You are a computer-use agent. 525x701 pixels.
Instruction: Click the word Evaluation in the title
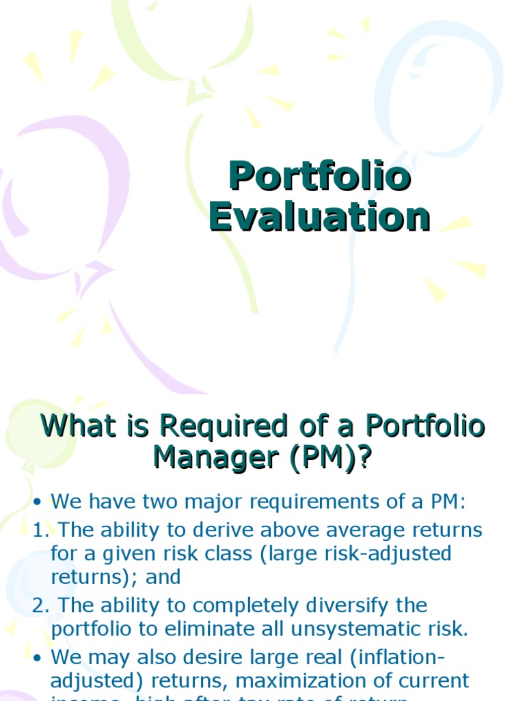[319, 217]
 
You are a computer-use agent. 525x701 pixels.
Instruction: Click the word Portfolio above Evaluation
[319, 177]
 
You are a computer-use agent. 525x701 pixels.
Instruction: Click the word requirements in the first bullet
[309, 502]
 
